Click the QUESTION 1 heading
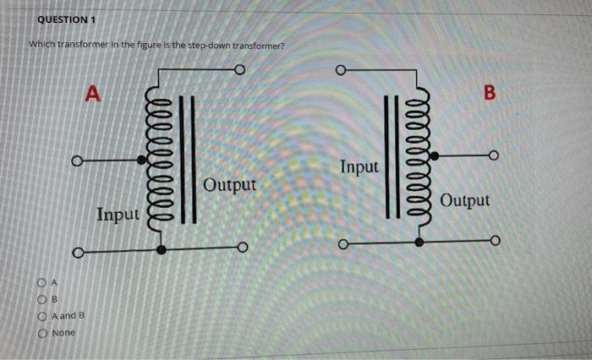[67, 19]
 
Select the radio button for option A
[40, 281]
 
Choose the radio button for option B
[40, 298]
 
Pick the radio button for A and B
[40, 316]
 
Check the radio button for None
[40, 333]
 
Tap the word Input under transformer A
[118, 215]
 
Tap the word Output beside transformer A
[229, 183]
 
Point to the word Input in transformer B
[359, 166]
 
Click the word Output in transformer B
[465, 200]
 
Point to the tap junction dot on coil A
[142, 159]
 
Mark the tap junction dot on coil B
[435, 156]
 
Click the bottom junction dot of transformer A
[161, 249]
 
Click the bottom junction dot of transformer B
[419, 242]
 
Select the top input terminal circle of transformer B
[342, 69]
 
